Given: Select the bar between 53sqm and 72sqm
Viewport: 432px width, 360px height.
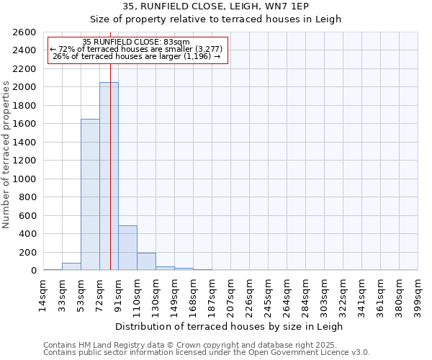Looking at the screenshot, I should [90, 194].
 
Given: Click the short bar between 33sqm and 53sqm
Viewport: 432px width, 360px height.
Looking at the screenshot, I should [71, 266].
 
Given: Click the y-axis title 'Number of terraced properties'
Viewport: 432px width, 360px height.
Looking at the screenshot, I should [7, 155].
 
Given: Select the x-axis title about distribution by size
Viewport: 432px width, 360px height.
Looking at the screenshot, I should [230, 326].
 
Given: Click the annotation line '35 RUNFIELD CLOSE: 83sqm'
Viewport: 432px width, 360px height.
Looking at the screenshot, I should [136, 42].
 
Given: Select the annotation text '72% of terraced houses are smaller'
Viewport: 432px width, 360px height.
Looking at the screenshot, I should [136, 49].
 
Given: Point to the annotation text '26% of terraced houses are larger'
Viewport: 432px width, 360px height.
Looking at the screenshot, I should [136, 56].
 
